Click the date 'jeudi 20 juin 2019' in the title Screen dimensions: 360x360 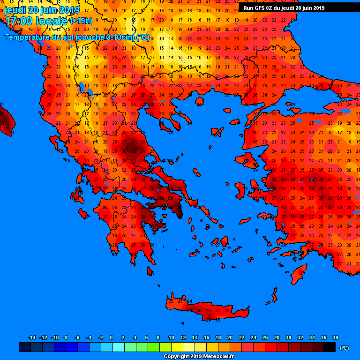pos(42,10)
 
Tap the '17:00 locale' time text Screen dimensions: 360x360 pos(36,21)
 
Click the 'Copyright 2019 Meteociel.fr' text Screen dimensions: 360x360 pos(198,356)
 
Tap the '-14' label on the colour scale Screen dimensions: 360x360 pos(32,337)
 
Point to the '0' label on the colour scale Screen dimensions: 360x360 pos(111,337)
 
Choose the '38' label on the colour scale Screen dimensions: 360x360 pos(335,337)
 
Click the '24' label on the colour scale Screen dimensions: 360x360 pos(253,337)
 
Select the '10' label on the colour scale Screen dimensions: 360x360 pos(171,337)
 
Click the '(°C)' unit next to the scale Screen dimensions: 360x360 pos(344,348)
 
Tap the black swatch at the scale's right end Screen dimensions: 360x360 pos(330,347)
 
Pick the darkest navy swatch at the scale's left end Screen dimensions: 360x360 pos(24,347)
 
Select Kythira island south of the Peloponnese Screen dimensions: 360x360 pos(150,271)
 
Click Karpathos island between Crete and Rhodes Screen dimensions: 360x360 pos(274,295)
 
